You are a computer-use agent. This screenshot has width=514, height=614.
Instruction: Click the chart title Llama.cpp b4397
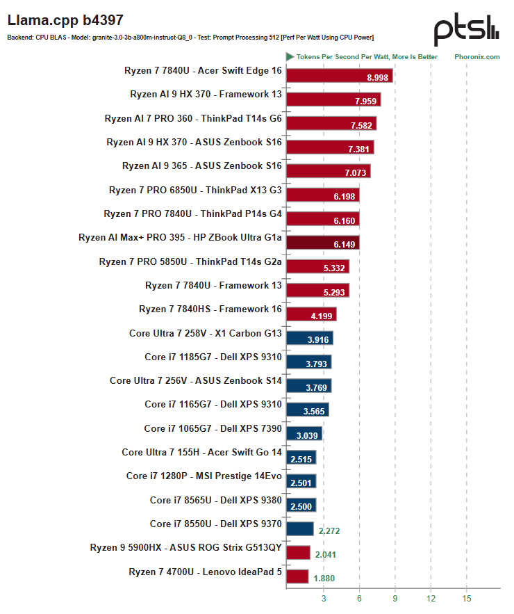tap(65, 20)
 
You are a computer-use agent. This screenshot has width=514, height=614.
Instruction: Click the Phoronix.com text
tap(476, 57)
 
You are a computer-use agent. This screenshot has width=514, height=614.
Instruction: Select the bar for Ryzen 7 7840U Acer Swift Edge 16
tap(340, 76)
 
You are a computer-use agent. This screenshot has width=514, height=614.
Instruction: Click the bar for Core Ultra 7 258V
tap(309, 338)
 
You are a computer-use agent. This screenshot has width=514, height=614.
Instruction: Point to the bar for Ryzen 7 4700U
tap(297, 576)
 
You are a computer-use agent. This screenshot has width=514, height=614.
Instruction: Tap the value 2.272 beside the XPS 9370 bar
tap(329, 531)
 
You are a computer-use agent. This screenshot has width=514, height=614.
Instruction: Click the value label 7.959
tap(365, 101)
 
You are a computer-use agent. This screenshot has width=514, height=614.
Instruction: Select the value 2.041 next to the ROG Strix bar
tap(326, 554)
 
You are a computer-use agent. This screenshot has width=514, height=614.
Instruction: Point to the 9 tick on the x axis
tap(395, 598)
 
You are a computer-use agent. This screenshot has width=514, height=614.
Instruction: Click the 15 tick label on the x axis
tap(466, 598)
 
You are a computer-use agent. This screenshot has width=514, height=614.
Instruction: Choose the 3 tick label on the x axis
tap(324, 598)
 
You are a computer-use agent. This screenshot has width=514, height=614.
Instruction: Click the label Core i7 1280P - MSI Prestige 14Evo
tap(204, 476)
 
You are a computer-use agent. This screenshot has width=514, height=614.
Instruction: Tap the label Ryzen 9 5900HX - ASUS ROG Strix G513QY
tap(186, 547)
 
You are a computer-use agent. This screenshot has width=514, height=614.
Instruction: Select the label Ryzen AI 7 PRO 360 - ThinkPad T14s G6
tap(193, 118)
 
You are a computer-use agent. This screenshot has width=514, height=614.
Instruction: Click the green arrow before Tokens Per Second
tap(290, 57)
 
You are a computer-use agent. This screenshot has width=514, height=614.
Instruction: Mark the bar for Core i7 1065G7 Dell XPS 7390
tap(304, 433)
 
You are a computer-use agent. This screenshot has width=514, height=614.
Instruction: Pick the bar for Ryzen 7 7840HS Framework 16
tap(311, 314)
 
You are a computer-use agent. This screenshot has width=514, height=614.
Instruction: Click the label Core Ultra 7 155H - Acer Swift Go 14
tap(202, 452)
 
